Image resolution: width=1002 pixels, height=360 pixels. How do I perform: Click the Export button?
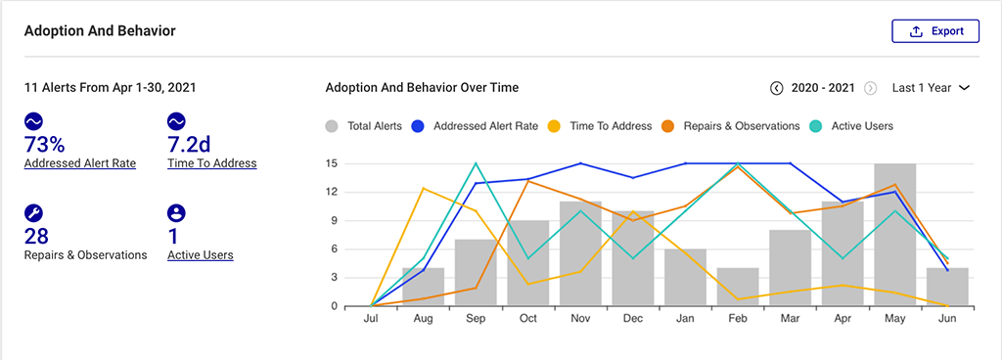click(934, 31)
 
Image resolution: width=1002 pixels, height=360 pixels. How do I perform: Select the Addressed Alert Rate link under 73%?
click(80, 163)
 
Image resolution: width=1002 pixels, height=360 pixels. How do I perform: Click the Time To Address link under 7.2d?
click(212, 163)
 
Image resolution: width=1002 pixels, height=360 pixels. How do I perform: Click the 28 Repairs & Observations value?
click(36, 236)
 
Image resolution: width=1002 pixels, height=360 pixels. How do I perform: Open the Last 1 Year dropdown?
click(931, 88)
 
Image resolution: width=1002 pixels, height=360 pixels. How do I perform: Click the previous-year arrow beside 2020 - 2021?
click(777, 88)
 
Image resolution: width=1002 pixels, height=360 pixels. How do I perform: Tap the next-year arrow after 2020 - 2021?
click(870, 88)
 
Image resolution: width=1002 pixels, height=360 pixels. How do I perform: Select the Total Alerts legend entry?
click(363, 126)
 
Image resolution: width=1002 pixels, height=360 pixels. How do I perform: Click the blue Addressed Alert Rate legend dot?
click(417, 126)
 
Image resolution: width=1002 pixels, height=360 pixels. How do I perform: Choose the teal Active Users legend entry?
click(817, 126)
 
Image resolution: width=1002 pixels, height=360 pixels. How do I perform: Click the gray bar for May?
click(895, 235)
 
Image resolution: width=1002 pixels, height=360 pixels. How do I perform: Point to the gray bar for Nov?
click(580, 254)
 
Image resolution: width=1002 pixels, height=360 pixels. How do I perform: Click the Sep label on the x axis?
click(476, 320)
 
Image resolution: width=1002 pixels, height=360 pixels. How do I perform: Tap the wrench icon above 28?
click(32, 213)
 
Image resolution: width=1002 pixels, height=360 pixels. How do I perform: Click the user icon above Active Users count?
click(176, 213)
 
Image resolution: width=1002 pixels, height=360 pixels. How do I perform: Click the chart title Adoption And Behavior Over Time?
click(422, 88)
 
